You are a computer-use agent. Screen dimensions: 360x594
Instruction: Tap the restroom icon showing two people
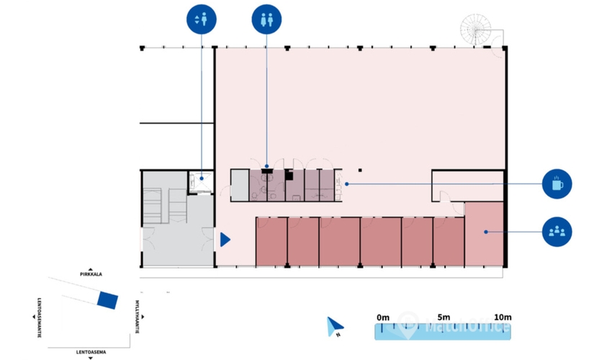(x=266, y=19)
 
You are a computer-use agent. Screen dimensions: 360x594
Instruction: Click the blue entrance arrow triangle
(x=224, y=239)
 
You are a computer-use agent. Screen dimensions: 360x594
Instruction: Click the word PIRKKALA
(x=94, y=274)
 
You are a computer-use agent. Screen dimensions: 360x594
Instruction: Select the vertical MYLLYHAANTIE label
(x=137, y=317)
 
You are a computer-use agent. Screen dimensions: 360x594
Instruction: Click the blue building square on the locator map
(x=107, y=300)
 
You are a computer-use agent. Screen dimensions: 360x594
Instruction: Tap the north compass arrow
(x=333, y=327)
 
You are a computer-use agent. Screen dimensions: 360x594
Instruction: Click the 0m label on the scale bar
(x=382, y=317)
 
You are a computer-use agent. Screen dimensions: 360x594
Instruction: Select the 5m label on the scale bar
(x=444, y=317)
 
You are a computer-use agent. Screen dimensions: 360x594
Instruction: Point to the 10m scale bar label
(x=502, y=317)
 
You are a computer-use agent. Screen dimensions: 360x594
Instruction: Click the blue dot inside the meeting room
(x=486, y=232)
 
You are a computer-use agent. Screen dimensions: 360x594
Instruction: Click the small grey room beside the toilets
(x=238, y=185)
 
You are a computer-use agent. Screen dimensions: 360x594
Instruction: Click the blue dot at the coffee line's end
(x=346, y=184)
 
